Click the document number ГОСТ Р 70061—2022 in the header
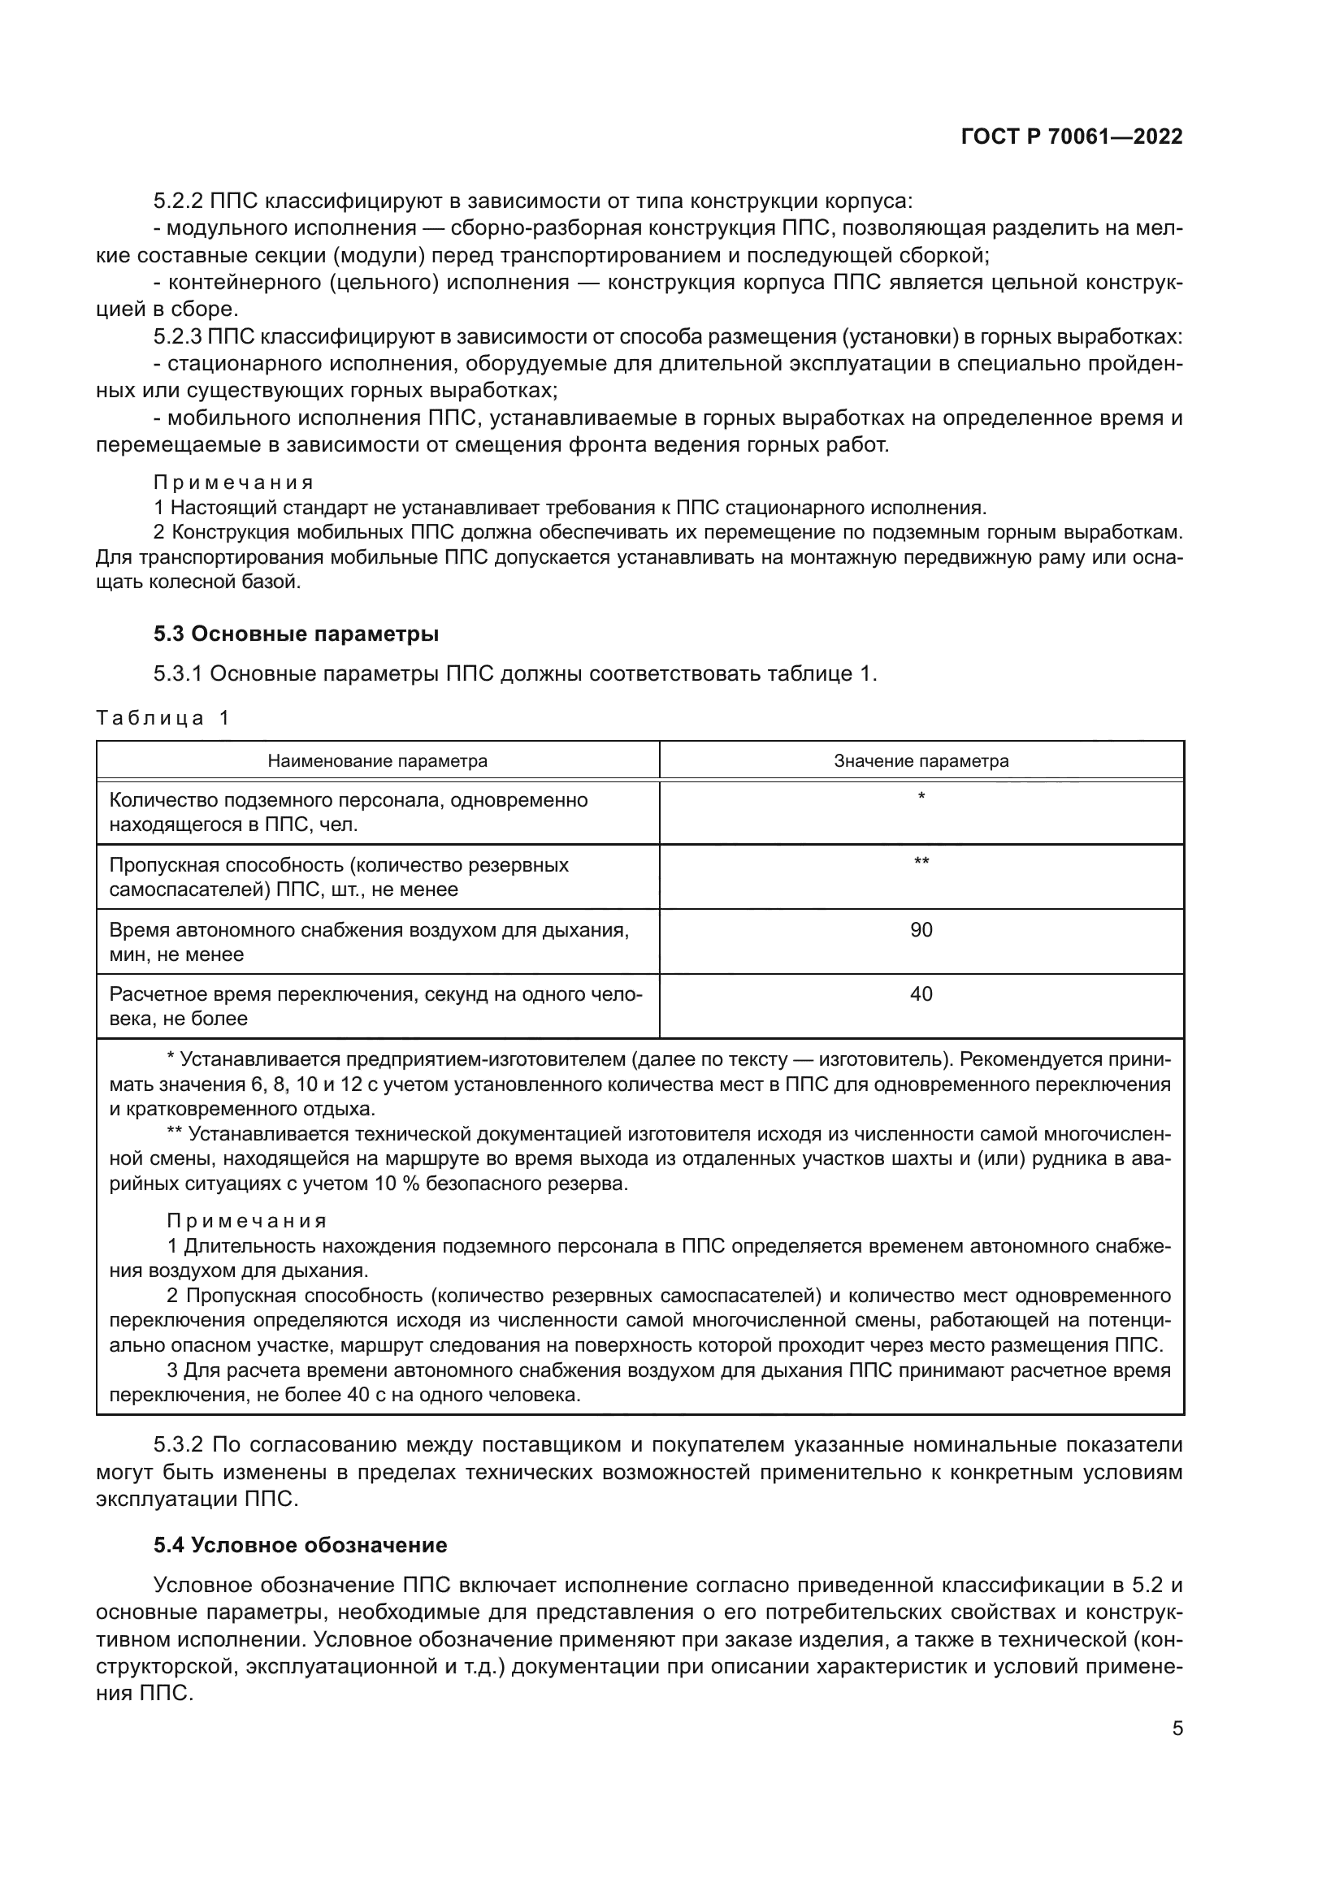tap(1072, 136)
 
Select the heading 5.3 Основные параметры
tap(296, 634)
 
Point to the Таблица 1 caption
tap(163, 717)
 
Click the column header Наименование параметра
tap(377, 760)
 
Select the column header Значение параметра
tap(921, 760)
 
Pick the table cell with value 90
tap(921, 929)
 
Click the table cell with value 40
tap(921, 993)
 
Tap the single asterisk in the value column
tap(921, 797)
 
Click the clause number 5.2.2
tap(178, 201)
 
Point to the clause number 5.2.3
tap(178, 337)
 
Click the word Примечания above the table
tap(233, 483)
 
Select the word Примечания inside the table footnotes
tap(247, 1222)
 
